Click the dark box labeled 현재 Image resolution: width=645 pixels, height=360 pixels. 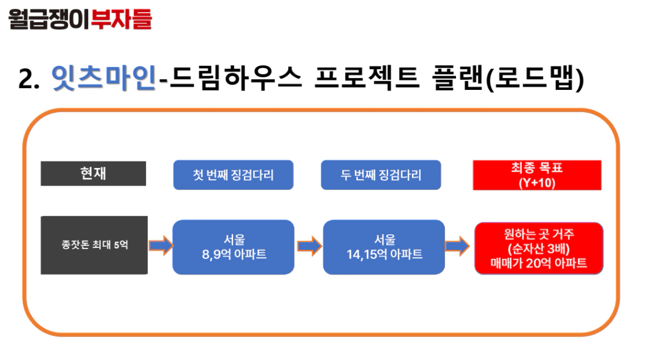(93, 174)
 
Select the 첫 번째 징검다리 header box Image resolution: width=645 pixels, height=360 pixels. (233, 175)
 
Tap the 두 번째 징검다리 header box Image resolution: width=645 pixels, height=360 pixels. (381, 175)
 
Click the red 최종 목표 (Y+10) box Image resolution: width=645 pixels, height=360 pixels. (537, 175)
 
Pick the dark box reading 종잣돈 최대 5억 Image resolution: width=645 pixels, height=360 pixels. (94, 245)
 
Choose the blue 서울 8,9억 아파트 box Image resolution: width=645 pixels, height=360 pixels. (233, 247)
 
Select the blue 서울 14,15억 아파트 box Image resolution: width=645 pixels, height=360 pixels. (384, 247)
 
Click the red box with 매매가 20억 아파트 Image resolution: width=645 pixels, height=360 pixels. (539, 248)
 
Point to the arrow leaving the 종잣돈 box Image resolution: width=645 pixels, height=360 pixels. (161, 245)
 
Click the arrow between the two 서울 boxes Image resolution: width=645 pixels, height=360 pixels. (309, 246)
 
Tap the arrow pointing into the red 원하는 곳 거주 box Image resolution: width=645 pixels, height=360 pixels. (457, 246)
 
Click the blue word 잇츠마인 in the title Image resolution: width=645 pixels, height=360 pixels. (104, 78)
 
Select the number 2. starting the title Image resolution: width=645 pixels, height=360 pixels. (29, 79)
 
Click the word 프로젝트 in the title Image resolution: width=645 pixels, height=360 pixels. (366, 78)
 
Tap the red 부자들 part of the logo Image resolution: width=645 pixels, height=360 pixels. (121, 19)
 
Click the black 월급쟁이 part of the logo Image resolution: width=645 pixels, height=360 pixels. (49, 19)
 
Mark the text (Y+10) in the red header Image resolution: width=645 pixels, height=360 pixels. (537, 183)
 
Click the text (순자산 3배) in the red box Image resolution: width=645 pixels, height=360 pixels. (538, 248)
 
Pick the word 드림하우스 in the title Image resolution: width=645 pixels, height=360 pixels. (236, 78)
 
